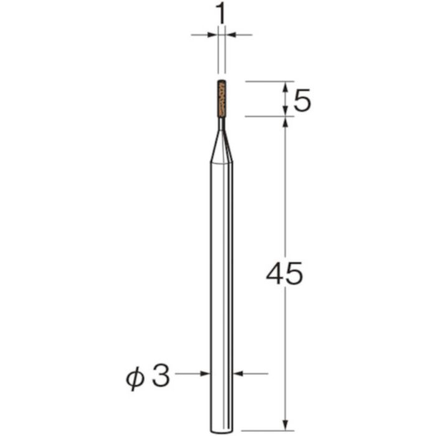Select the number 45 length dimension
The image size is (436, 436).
tap(284, 273)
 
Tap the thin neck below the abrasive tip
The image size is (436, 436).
tap(221, 123)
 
